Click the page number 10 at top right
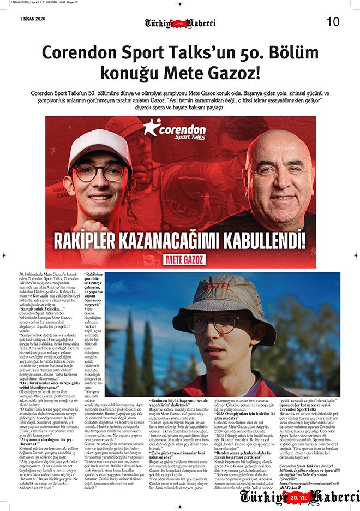click(333, 22)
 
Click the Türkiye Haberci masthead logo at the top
click(180, 23)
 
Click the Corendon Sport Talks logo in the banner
click(175, 130)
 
